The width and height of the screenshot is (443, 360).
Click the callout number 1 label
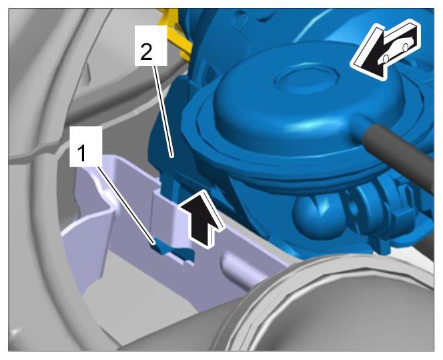81,153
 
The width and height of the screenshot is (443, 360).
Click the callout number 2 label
146,52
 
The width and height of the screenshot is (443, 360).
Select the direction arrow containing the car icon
386,49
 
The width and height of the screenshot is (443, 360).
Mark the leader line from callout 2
163,111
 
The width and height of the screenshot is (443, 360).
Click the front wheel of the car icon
386,59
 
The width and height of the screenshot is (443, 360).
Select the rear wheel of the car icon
406,47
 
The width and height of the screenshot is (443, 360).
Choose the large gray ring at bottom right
325,305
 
